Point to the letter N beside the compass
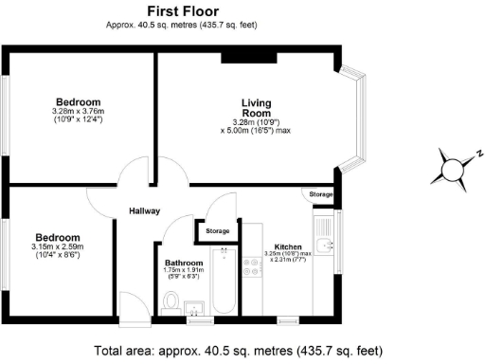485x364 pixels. [480, 153]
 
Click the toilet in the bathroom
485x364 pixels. [171, 301]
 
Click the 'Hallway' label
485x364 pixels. [145, 211]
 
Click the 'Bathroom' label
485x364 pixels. [184, 263]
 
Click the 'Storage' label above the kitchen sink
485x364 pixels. [321, 194]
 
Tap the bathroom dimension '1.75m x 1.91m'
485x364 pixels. [184, 271]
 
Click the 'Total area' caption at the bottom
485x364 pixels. [242, 349]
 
